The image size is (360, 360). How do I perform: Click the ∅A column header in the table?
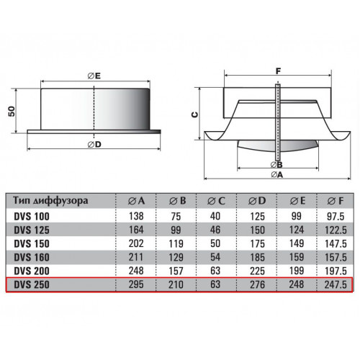point(136,201)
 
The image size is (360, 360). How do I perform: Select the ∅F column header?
point(336,201)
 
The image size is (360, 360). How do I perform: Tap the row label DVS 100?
point(32,217)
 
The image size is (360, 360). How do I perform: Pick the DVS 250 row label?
point(32,284)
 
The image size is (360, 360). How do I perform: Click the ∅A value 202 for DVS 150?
point(136,243)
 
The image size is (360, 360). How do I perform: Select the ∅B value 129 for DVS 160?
point(176,257)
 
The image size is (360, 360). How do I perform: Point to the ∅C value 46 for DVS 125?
point(215,230)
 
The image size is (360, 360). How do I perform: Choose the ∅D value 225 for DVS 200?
point(257,271)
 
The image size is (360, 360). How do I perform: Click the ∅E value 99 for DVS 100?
point(297,216)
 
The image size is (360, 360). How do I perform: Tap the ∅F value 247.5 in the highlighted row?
point(336,284)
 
